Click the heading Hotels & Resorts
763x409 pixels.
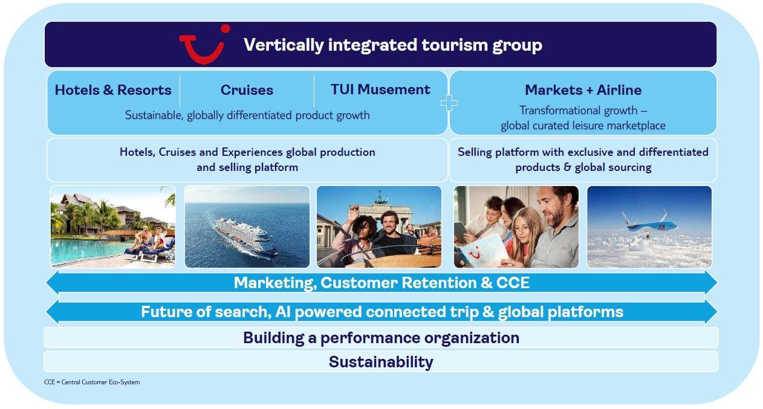pyautogui.click(x=113, y=90)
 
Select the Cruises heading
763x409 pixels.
pyautogui.click(x=247, y=90)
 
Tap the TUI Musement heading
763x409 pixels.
pyautogui.click(x=380, y=89)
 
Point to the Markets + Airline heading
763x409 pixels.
pyautogui.click(x=583, y=90)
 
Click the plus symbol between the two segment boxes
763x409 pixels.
pyautogui.click(x=449, y=103)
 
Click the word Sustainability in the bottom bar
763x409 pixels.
pyautogui.click(x=381, y=362)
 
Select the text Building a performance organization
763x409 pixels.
pyautogui.click(x=381, y=338)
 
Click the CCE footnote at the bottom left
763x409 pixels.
pyautogui.click(x=92, y=382)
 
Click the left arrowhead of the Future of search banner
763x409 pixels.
pyautogui.click(x=53, y=312)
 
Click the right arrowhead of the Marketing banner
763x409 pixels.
pyautogui.click(x=710, y=282)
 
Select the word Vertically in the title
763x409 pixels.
pyautogui.click(x=284, y=45)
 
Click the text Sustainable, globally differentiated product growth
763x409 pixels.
pyautogui.click(x=247, y=115)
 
